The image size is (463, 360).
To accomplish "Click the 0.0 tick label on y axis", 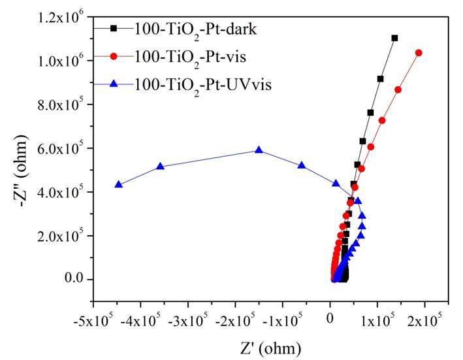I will (72, 280).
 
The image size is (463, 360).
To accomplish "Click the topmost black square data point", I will (394, 38).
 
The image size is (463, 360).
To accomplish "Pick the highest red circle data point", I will (419, 53).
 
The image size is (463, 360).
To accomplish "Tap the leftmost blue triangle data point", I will (118, 185).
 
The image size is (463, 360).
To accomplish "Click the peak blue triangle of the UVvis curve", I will (259, 150).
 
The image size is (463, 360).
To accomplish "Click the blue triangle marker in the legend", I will (114, 84).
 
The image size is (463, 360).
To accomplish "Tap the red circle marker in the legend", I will (114, 56).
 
